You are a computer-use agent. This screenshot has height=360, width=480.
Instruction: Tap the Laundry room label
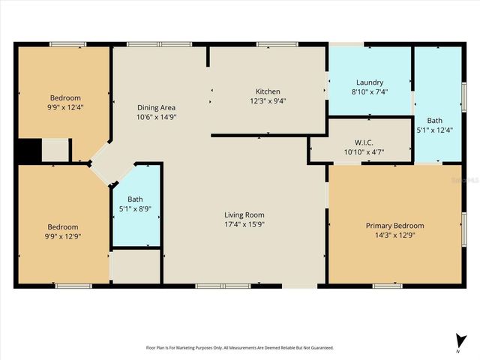point(370,82)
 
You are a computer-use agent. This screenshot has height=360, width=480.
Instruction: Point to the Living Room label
point(244,214)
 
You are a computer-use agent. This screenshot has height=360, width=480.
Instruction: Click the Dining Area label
point(156,107)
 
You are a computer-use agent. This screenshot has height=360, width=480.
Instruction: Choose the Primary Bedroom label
point(394,226)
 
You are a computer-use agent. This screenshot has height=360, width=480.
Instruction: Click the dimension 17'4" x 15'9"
point(244,223)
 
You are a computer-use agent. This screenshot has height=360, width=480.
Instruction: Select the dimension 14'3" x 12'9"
point(394,235)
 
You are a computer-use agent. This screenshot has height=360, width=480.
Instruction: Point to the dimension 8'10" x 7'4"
point(370,91)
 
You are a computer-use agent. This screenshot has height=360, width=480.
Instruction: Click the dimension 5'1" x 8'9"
point(135,208)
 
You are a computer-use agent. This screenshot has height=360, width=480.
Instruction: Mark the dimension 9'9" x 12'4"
point(65,107)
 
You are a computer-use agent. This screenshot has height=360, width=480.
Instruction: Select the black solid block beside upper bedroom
point(27,151)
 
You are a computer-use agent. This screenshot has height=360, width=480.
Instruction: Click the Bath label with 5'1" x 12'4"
point(435,120)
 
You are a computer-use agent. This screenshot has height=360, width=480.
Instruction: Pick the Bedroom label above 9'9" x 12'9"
point(63,226)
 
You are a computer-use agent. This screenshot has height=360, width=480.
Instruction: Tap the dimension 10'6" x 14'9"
point(156,116)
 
